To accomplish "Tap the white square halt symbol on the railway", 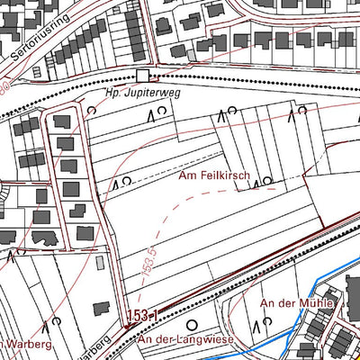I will coord(140,76).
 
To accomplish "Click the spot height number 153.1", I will coord(141,315).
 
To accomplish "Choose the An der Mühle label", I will coord(297,304).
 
